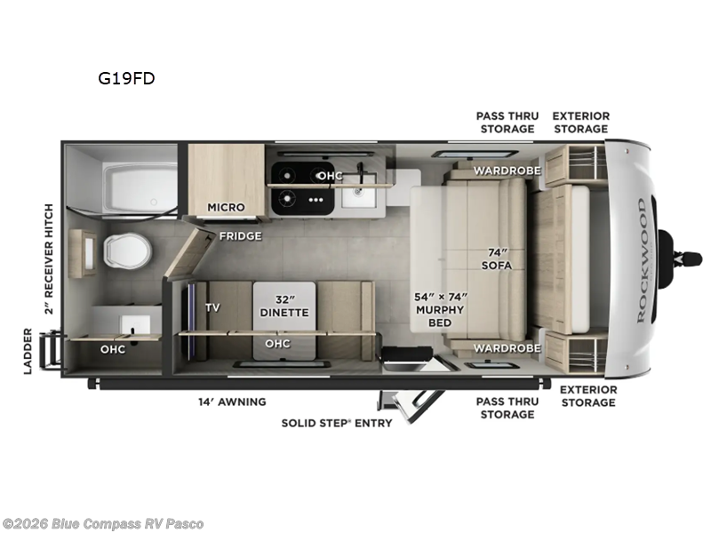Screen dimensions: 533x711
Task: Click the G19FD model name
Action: point(127,78)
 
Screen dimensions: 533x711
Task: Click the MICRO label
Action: point(226,207)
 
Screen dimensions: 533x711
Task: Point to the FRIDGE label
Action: point(241,235)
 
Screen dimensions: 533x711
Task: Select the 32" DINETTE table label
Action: point(284,306)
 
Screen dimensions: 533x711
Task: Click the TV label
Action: point(212,307)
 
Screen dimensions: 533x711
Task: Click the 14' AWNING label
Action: point(232,402)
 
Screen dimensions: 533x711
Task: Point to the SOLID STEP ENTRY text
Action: point(337,423)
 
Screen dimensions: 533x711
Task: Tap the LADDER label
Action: point(28,351)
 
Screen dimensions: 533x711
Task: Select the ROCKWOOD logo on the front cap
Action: point(642,259)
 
